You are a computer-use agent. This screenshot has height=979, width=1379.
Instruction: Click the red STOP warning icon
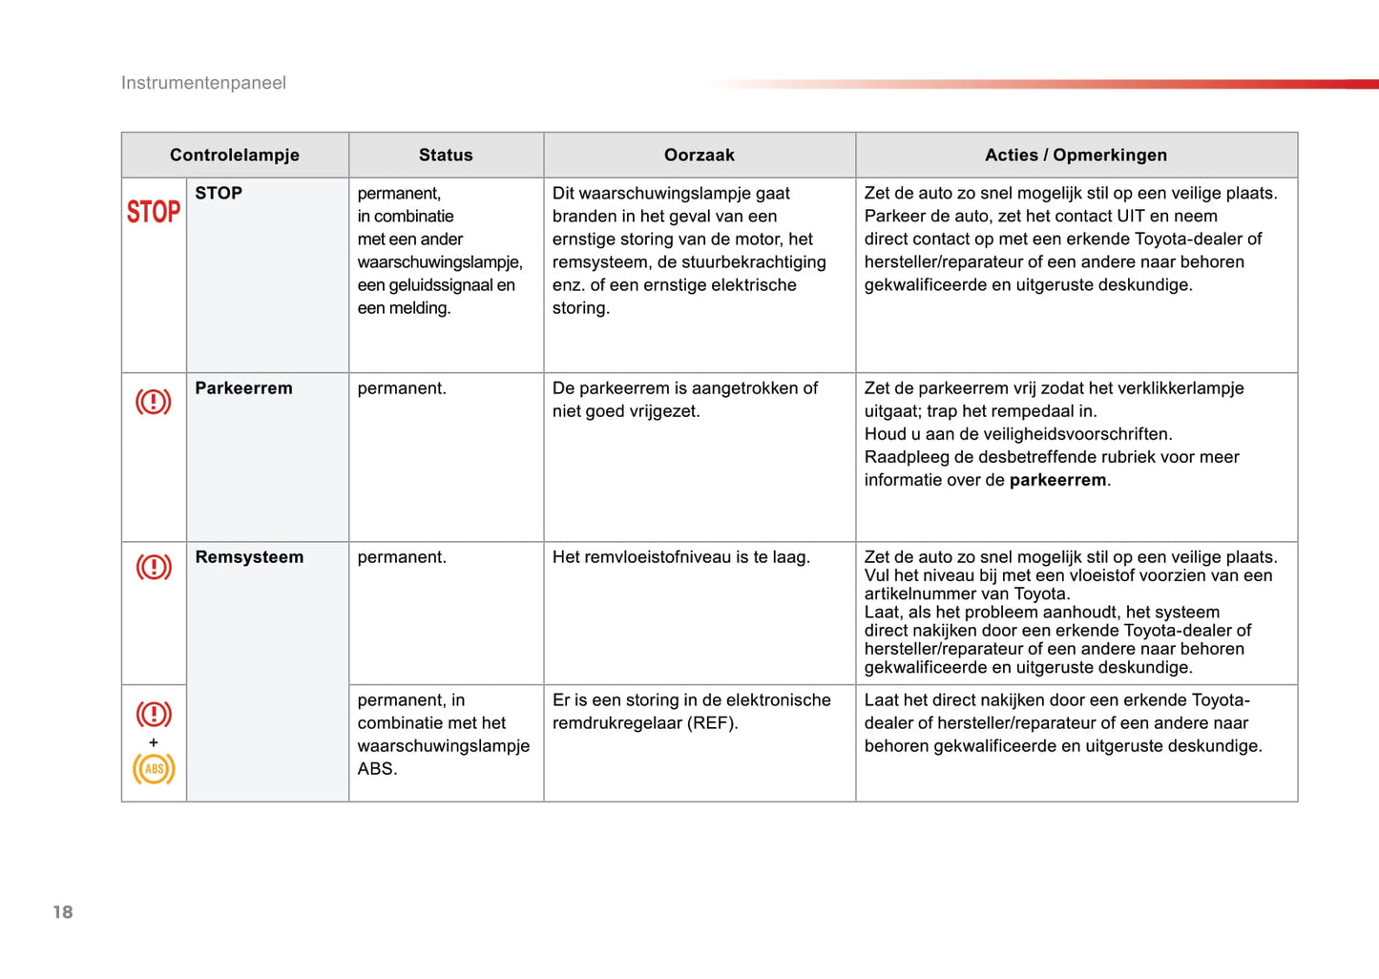(154, 211)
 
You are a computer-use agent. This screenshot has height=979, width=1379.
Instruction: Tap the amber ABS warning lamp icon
(154, 768)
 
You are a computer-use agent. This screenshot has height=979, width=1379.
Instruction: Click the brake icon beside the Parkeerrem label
(154, 402)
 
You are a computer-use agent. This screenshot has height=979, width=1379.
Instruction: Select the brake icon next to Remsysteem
(154, 567)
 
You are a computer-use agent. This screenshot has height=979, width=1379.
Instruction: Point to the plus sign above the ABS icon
(154, 742)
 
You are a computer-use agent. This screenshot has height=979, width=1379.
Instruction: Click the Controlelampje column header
(235, 155)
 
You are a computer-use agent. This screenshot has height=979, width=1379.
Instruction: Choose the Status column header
(446, 155)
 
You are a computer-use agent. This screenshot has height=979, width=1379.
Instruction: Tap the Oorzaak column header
(700, 155)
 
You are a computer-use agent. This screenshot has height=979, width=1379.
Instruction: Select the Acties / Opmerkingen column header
(1076, 155)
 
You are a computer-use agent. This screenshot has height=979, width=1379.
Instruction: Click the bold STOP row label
(219, 193)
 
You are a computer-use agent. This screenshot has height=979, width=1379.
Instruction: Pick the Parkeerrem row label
(243, 388)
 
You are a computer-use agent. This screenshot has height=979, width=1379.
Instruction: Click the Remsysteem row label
(249, 557)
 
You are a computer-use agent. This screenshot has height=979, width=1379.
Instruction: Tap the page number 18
(63, 912)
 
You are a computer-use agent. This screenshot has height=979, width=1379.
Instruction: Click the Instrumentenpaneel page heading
(203, 83)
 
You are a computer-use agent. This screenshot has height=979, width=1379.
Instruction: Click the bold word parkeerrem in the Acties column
(1057, 480)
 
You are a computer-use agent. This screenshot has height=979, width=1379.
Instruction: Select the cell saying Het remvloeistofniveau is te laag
(680, 557)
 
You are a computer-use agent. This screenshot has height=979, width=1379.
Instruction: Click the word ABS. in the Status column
(377, 768)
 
